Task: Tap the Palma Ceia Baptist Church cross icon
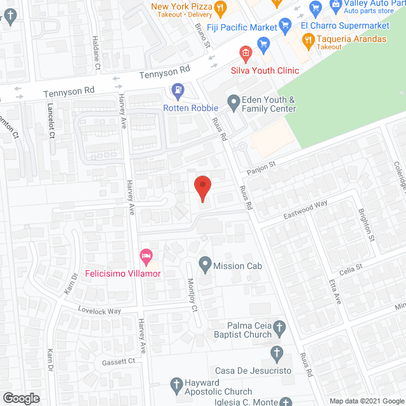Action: click(280, 328)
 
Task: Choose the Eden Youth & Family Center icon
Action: click(233, 100)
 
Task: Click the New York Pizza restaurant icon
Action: click(220, 8)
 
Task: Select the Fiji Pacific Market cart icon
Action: click(285, 27)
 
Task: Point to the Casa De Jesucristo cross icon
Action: click(276, 351)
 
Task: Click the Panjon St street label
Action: click(261, 166)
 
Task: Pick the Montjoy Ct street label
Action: click(192, 296)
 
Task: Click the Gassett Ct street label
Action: click(119, 362)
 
